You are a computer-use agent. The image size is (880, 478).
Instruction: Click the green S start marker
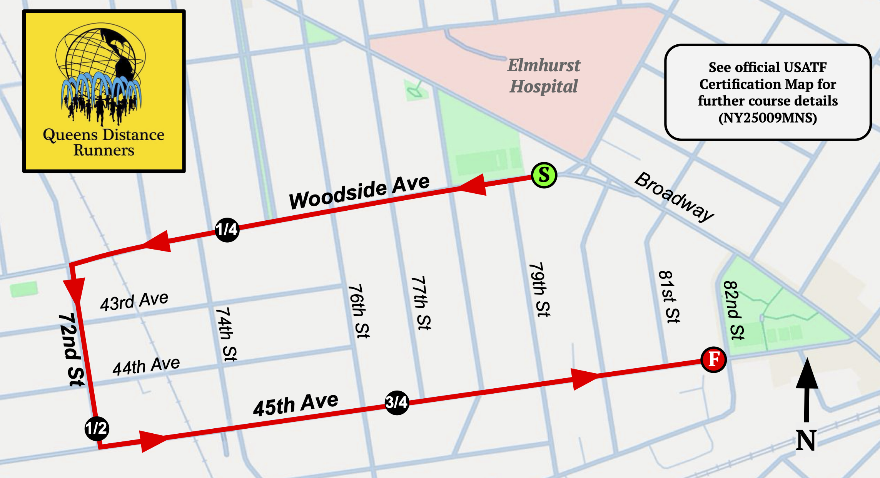tap(544, 175)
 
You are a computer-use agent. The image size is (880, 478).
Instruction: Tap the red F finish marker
tap(713, 360)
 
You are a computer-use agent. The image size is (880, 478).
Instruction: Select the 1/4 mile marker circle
tap(227, 230)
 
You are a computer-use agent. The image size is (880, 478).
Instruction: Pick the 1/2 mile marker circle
tap(97, 428)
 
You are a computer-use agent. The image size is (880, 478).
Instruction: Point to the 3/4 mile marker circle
tap(397, 403)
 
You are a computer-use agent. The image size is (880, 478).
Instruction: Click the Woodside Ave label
tap(359, 191)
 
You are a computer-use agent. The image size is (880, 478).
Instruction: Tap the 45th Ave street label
tap(296, 404)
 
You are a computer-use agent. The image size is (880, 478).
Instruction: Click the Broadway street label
tap(674, 197)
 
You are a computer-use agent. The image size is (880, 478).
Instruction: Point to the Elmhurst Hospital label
tap(543, 76)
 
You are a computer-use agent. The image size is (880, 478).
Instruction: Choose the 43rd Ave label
tap(134, 301)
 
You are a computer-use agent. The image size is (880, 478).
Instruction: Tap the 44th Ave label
tap(146, 366)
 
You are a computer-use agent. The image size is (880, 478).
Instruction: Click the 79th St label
tap(539, 290)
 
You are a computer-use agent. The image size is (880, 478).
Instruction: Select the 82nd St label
tap(734, 310)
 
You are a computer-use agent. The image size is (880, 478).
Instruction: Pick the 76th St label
tap(358, 311)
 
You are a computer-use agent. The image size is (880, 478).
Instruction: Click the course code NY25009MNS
tap(767, 117)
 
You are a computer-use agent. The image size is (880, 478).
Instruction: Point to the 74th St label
tap(226, 334)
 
